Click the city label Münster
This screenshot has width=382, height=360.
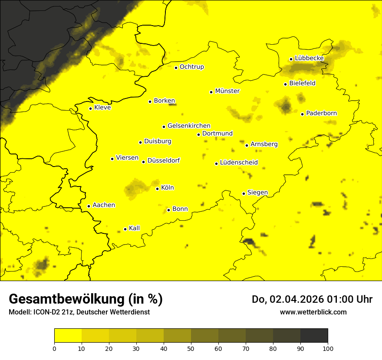pos(227,91)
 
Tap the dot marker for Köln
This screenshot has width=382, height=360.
pos(158,189)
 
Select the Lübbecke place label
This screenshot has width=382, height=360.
pos(309,58)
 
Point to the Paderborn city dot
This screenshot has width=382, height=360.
pos(303,114)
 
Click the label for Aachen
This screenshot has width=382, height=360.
pos(104,205)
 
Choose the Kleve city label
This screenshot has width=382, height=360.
pos(102,108)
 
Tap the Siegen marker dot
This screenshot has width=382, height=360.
pos(244,193)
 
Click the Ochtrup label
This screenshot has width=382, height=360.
pos(191,67)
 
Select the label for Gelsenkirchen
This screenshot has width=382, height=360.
pos(189,126)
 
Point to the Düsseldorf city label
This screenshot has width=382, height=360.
pos(164,160)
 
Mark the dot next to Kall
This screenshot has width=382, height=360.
pos(125,229)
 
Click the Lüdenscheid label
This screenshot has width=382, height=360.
pos(239,163)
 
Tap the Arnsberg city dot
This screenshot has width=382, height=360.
pos(247,145)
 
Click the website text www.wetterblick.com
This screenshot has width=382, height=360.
pos(313,312)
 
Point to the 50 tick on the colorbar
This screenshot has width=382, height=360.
pos(191,348)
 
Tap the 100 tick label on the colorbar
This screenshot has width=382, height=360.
pos(328,348)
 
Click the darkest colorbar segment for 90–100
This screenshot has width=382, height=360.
pos(314,335)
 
